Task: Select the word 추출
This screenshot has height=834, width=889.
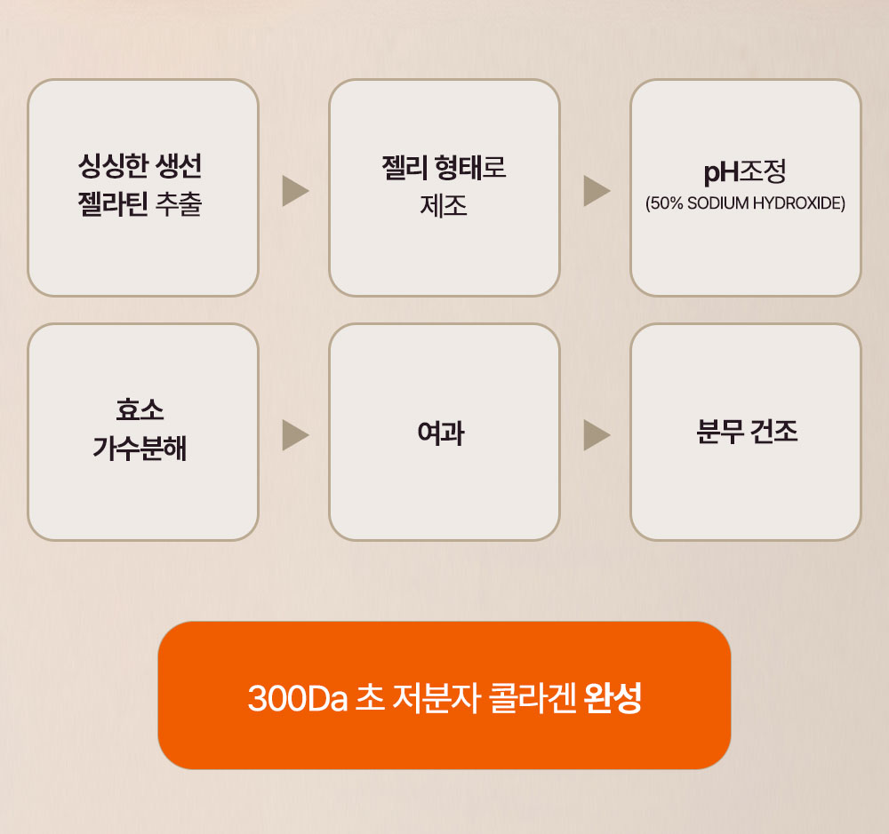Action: [180, 204]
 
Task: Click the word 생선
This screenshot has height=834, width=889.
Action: [180, 166]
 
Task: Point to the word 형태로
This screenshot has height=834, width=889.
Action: [470, 168]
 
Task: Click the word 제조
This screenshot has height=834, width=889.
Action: [444, 206]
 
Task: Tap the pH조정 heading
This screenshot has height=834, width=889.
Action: [745, 171]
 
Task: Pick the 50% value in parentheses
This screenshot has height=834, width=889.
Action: [667, 203]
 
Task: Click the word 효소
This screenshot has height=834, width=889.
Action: [140, 409]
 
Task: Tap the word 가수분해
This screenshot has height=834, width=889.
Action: [140, 449]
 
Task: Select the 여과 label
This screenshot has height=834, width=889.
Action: [441, 433]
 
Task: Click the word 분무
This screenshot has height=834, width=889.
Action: [719, 432]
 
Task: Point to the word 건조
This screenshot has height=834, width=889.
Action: [774, 432]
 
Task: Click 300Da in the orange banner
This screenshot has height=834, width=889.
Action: [298, 698]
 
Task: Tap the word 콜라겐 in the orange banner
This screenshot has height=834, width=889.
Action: [533, 697]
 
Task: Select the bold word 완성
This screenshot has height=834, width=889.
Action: [613, 697]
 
